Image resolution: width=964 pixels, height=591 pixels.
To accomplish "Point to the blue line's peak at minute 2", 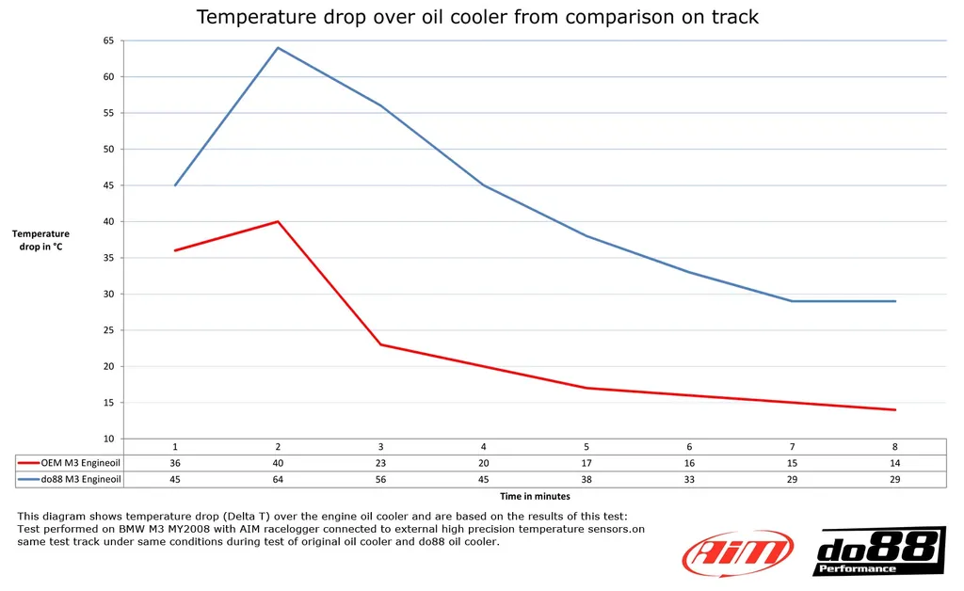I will click(278, 47).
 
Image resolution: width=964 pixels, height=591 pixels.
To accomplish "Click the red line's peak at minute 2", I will click(278, 221).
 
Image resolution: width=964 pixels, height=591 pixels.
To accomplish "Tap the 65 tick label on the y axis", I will click(108, 40).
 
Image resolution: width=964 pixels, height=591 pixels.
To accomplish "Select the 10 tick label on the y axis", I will click(108, 439).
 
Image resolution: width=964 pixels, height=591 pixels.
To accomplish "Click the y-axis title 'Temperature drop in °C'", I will click(40, 240).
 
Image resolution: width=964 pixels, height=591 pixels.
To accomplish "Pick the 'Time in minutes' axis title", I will click(535, 496).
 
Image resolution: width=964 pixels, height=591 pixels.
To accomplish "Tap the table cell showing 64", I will click(278, 479).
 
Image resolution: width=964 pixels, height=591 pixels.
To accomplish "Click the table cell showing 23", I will click(380, 462).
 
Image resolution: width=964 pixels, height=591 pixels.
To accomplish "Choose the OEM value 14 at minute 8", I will click(894, 462).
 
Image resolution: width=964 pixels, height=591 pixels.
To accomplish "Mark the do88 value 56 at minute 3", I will click(380, 479).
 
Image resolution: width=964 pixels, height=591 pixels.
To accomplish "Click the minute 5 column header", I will click(586, 446).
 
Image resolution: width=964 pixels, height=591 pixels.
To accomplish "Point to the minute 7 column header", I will click(792, 446).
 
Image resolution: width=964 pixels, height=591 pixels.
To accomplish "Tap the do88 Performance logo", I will click(878, 551).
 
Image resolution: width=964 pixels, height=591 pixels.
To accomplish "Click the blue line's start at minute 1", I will click(175, 185).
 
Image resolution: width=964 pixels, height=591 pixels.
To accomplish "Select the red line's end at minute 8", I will click(895, 409).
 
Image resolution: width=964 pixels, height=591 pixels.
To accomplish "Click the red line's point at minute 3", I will click(380, 344).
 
